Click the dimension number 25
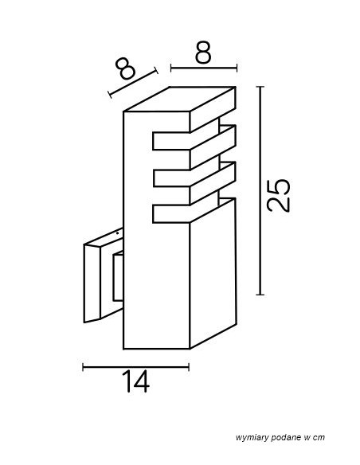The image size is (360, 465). tap(278, 196)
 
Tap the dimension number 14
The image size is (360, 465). tap(136, 381)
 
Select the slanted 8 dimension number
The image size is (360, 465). tap(125, 68)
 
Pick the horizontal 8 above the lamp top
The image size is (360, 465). tap(203, 53)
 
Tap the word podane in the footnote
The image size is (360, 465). tap(284, 438)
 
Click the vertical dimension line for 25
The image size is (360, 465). tap(260, 190)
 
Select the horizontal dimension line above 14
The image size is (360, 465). tap(136, 367)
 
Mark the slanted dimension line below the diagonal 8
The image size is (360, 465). tap(133, 83)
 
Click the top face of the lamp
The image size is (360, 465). tap(180, 99)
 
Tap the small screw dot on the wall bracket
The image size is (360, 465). tap(117, 233)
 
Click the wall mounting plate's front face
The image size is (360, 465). tap(92, 283)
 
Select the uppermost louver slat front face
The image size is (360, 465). tap(171, 141)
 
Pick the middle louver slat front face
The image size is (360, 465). tap(171, 178)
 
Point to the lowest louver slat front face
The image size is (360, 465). tap(171, 214)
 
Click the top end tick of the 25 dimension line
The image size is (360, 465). tap(260, 87)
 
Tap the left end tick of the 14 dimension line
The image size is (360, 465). tap(83, 367)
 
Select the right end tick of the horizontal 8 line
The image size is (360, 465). tap(237, 68)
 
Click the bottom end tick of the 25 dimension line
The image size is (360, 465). tap(260, 295)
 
